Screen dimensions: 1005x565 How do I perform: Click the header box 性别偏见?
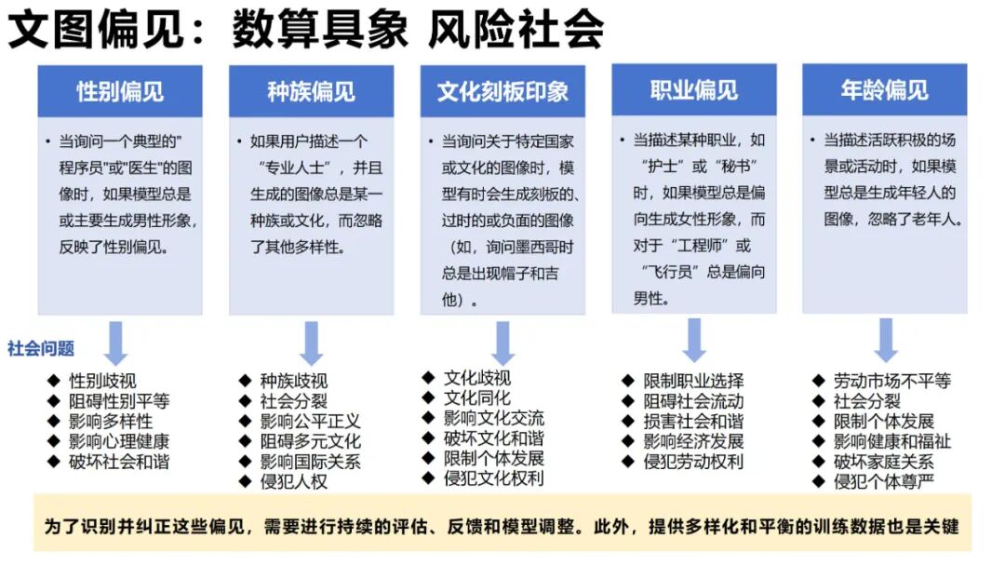tap(120, 91)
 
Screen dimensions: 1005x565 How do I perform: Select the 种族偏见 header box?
tap(311, 91)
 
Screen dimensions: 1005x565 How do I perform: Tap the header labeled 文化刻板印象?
tap(502, 91)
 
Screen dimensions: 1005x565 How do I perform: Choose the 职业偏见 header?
tap(693, 90)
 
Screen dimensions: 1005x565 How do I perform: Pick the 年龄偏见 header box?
tap(884, 90)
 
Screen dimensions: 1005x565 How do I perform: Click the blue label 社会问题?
tap(41, 349)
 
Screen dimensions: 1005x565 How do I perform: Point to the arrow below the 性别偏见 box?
tap(115, 343)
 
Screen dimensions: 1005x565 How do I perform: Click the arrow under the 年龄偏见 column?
tap(885, 340)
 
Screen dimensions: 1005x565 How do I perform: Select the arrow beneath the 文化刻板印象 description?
tap(503, 343)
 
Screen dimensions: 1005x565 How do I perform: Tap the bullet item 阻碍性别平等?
tap(119, 401)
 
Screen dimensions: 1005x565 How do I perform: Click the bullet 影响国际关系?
tap(310, 462)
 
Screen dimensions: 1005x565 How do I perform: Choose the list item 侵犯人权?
tap(294, 482)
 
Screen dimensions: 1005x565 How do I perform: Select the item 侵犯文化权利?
tap(493, 478)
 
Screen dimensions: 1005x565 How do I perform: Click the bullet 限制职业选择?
tap(693, 381)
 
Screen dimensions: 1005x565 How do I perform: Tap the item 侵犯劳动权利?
tap(693, 462)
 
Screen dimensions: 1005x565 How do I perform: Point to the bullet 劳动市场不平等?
tap(891, 381)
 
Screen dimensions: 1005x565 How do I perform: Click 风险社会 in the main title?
tap(516, 30)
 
